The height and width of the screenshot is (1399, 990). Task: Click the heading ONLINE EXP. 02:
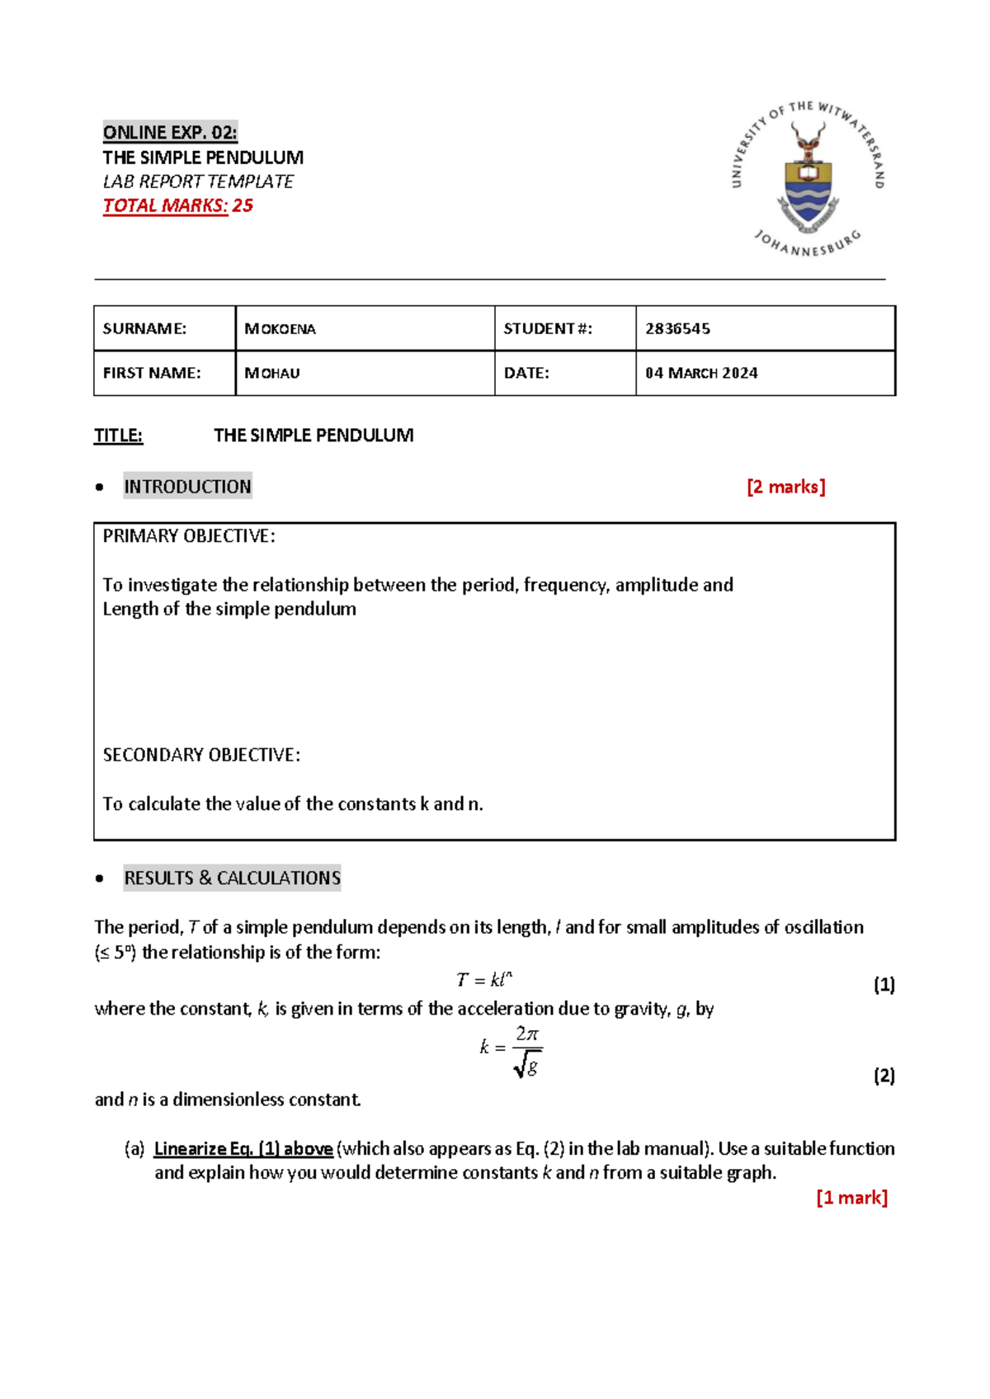pyautogui.click(x=170, y=132)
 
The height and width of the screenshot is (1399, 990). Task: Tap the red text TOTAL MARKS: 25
pyautogui.click(x=177, y=205)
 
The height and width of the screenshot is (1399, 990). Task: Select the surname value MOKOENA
pyautogui.click(x=280, y=329)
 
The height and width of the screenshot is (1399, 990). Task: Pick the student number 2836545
pyautogui.click(x=677, y=329)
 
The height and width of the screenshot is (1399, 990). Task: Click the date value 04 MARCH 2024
pyautogui.click(x=701, y=373)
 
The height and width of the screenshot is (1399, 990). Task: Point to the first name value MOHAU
pyautogui.click(x=272, y=373)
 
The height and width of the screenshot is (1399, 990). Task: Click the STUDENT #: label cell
pyautogui.click(x=548, y=329)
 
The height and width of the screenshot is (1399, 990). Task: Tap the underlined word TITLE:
pyautogui.click(x=118, y=436)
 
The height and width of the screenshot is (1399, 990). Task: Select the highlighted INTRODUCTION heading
pyautogui.click(x=187, y=487)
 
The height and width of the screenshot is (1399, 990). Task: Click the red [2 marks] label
pyautogui.click(x=785, y=487)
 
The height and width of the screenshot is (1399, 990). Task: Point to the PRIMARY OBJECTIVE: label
pyautogui.click(x=189, y=536)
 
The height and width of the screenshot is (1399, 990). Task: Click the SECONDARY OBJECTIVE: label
pyautogui.click(x=201, y=755)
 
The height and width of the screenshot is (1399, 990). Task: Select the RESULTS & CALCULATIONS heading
pyautogui.click(x=232, y=878)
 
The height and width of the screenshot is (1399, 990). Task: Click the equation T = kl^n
pyautogui.click(x=484, y=980)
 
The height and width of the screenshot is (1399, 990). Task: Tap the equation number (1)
pyautogui.click(x=884, y=984)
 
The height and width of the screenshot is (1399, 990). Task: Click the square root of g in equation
pyautogui.click(x=527, y=1067)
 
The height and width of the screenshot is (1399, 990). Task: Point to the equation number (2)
pyautogui.click(x=884, y=1076)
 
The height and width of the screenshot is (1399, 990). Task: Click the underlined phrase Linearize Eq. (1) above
pyautogui.click(x=243, y=1148)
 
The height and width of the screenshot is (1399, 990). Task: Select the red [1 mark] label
pyautogui.click(x=851, y=1198)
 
